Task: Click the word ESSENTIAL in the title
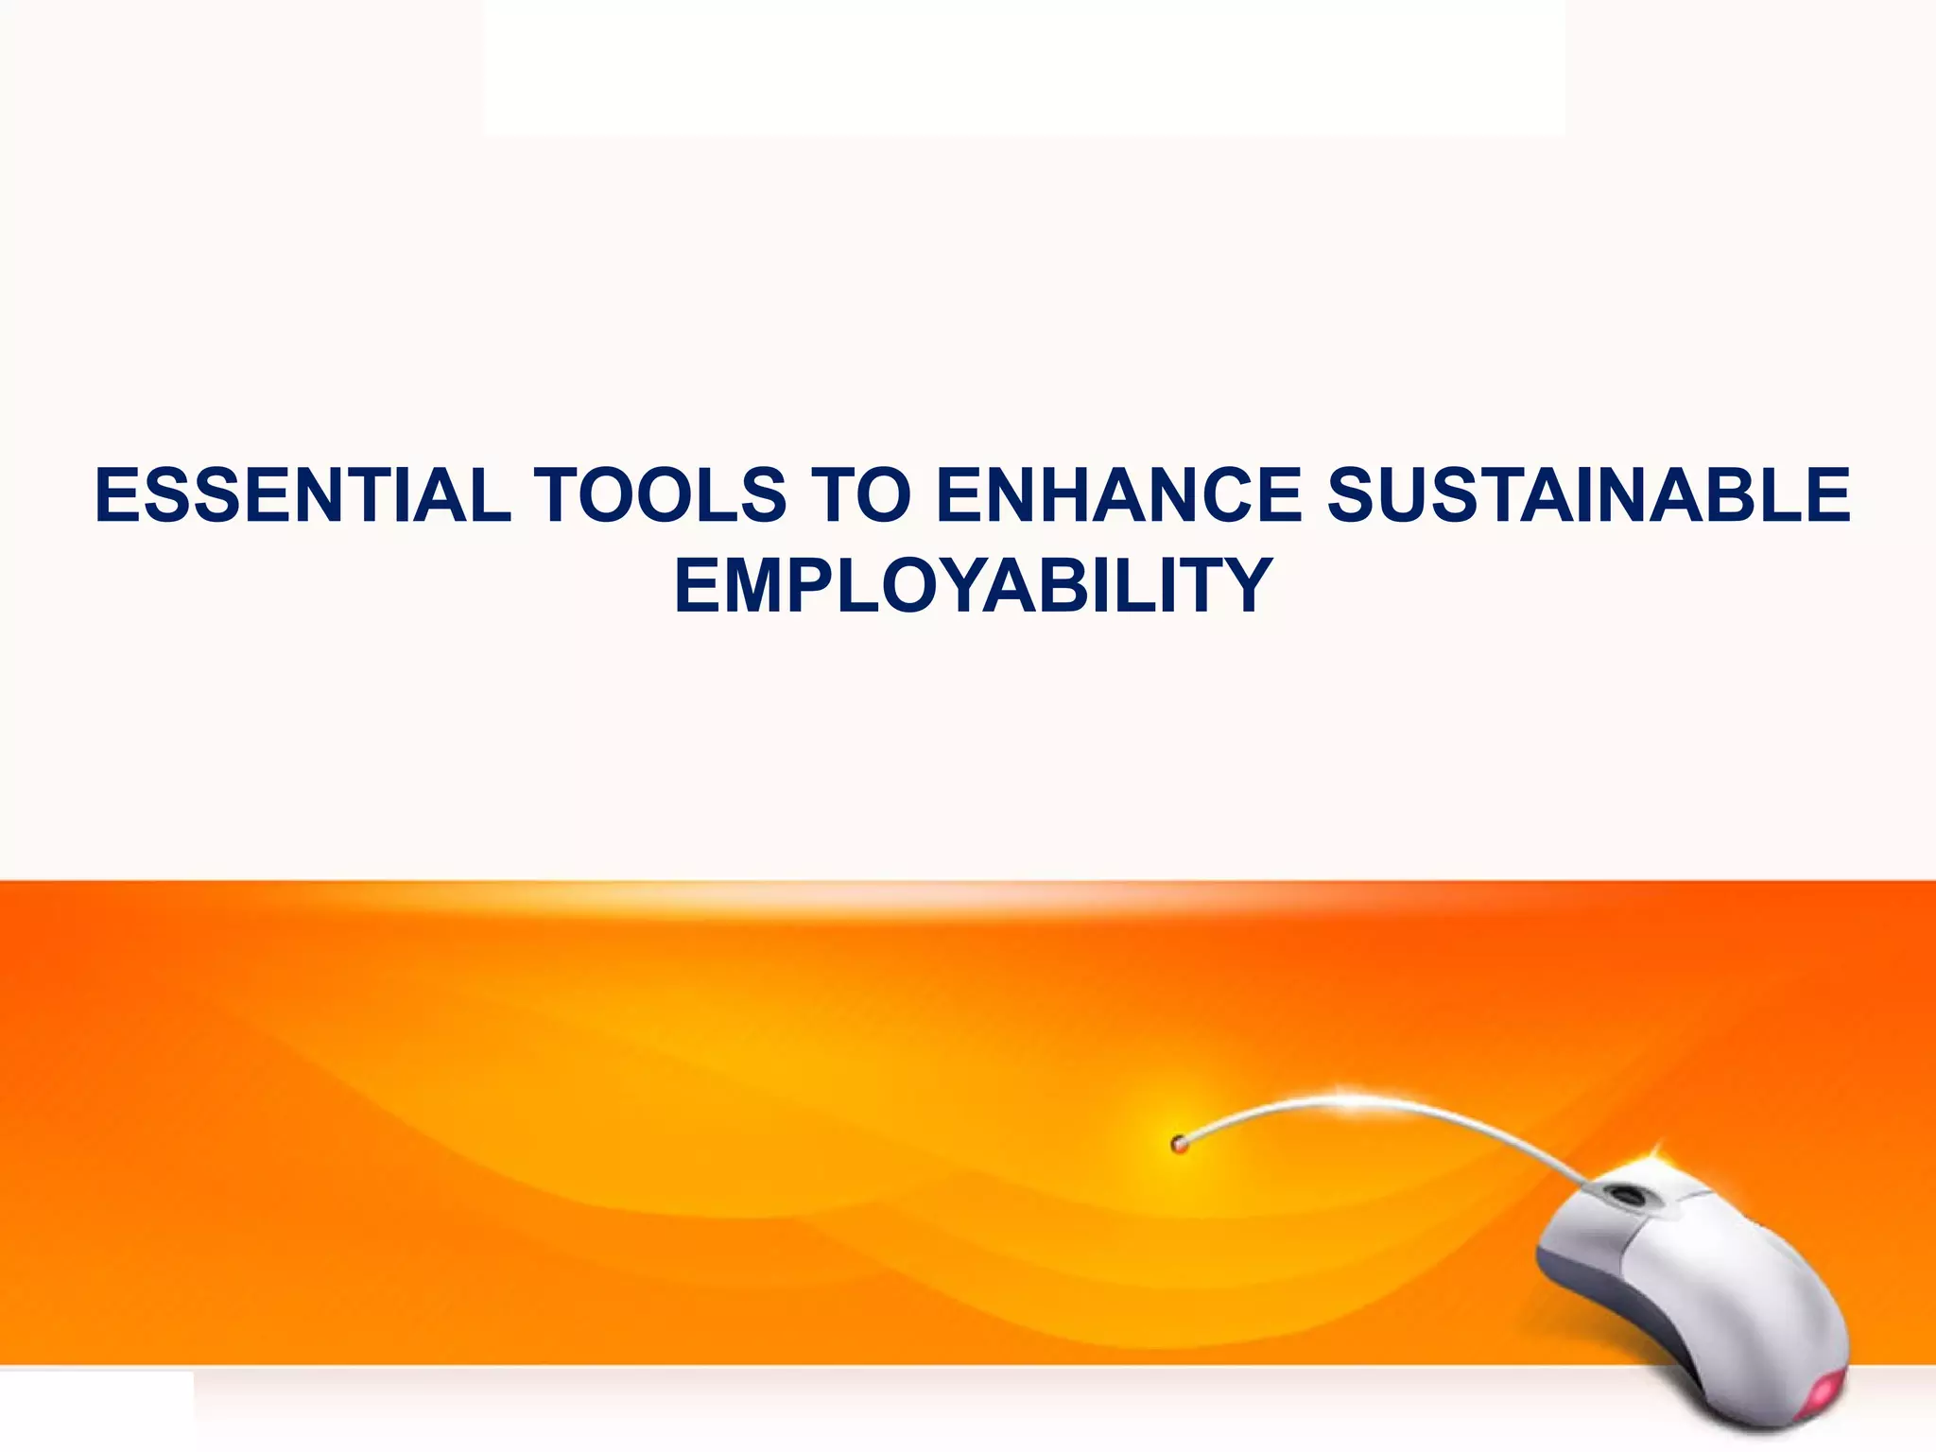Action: coord(302,495)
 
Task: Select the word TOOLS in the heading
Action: coord(660,495)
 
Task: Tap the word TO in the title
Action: coord(861,495)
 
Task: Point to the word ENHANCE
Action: coord(1118,495)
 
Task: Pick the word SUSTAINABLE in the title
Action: coord(1588,495)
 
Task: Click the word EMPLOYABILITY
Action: coord(973,585)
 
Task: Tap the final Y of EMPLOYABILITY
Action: coord(1244,585)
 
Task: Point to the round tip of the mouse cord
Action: coord(1179,1145)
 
